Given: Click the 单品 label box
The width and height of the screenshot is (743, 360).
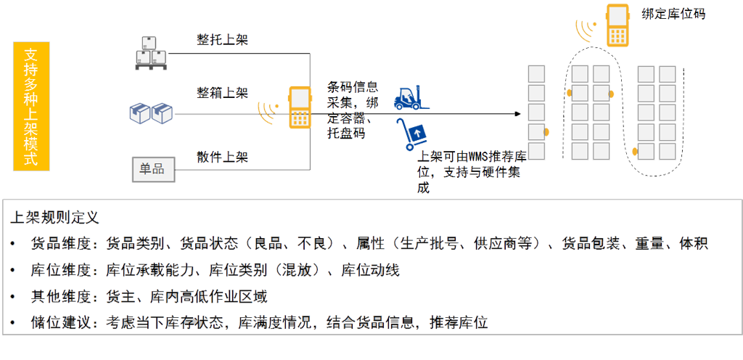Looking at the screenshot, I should (152, 170).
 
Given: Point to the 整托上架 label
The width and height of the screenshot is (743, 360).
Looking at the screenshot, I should (222, 41).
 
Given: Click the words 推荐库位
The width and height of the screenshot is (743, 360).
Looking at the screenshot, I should (459, 322).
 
